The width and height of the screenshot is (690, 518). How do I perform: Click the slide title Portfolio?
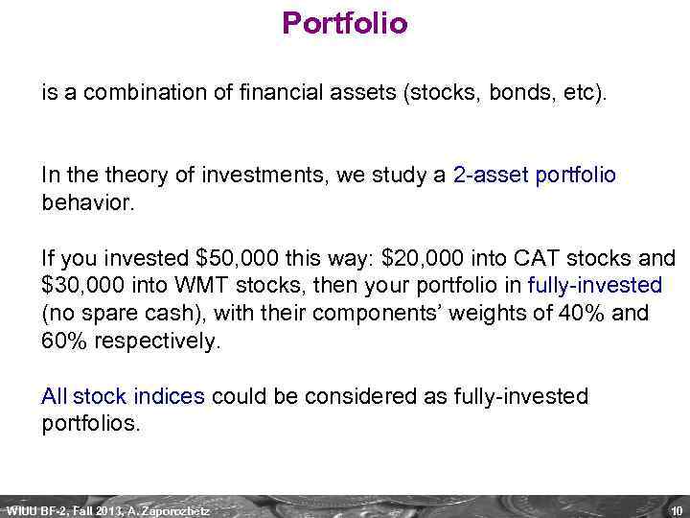[x=345, y=23]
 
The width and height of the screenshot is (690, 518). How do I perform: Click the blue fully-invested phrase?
[x=594, y=286]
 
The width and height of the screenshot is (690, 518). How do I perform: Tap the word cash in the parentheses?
[x=173, y=314]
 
